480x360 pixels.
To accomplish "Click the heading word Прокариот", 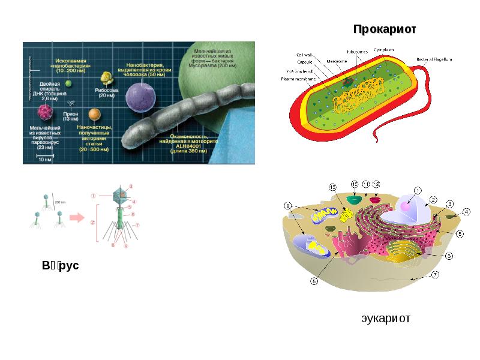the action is coord(384,29).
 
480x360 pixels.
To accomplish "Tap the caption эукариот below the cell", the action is coord(386,318).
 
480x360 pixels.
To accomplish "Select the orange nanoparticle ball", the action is coord(94,114).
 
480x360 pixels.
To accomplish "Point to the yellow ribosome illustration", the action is coord(107,77).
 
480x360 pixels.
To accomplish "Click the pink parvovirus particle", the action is coord(44,112).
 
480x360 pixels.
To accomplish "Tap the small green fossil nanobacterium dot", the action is coord(68,83).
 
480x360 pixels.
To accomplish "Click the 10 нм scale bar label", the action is coord(44,160).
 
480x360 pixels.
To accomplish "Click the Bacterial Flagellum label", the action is coord(436,59).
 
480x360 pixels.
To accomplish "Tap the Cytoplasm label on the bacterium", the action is coord(384,50).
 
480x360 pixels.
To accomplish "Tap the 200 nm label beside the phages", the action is coord(60,203).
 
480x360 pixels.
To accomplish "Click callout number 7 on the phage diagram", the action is coord(137,225).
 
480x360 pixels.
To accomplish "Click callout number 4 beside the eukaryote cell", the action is coord(466,211).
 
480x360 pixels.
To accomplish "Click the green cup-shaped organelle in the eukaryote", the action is coord(355,197).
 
